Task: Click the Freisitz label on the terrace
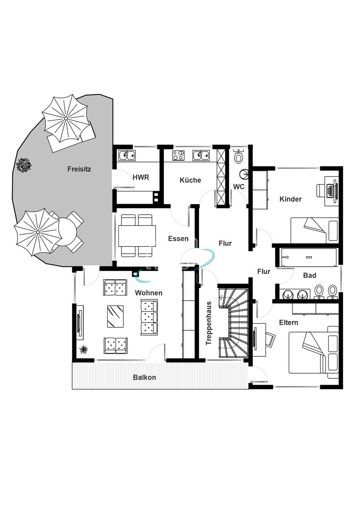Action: (x=79, y=169)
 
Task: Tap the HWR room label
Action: (x=141, y=177)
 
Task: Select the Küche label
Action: (x=190, y=180)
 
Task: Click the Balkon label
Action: (x=144, y=378)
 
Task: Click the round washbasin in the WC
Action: (x=244, y=174)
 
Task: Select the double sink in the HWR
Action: (x=127, y=155)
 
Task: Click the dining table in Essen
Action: (x=137, y=236)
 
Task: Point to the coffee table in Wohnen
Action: (x=115, y=316)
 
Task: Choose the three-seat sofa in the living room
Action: (x=149, y=317)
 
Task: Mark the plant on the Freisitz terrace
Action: (x=24, y=165)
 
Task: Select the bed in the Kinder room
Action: (x=315, y=230)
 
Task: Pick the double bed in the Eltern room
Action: (x=314, y=352)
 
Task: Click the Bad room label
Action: (x=309, y=275)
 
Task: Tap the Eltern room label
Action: (x=289, y=322)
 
